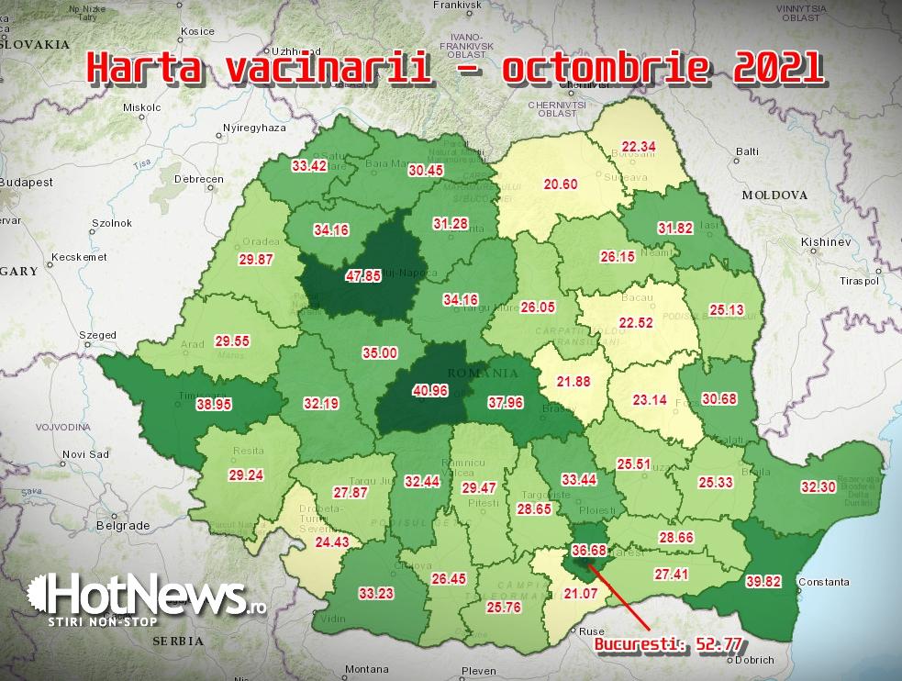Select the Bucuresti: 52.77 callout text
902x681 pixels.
668,644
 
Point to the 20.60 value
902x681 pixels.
561,184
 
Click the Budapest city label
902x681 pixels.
26,182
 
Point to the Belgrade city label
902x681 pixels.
122,526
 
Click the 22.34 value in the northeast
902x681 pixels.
639,147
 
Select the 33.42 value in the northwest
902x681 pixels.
310,167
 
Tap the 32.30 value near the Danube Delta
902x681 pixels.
818,487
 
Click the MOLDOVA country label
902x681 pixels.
774,195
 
